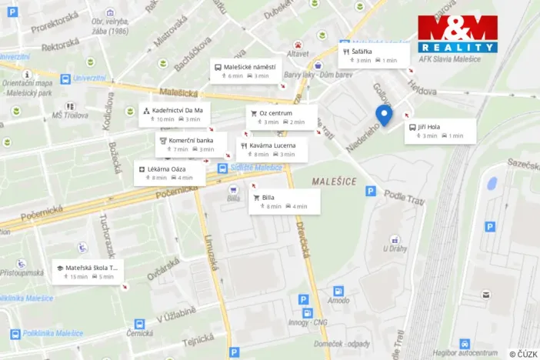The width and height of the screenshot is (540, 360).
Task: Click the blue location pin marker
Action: coord(383,115)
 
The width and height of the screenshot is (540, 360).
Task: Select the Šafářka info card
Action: coord(375,55)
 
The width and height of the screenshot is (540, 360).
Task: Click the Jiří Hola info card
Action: coord(439,130)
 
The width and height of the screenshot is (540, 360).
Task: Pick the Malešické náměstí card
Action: coord(246,71)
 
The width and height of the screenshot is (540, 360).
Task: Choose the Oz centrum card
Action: coord(276,117)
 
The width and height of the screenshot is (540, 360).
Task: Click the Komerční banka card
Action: coord(190,145)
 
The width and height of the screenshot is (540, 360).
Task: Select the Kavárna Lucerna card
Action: coord(272,149)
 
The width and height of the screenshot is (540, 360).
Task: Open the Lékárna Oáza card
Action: coord(170,172)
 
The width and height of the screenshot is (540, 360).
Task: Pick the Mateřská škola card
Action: coord(85,272)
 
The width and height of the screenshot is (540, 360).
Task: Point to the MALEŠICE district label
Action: coord(335,179)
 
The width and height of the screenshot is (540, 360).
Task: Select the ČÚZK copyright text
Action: coord(523,354)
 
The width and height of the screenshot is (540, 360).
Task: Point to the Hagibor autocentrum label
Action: coord(465,352)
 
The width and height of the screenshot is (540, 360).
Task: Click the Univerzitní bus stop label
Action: coord(89,78)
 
